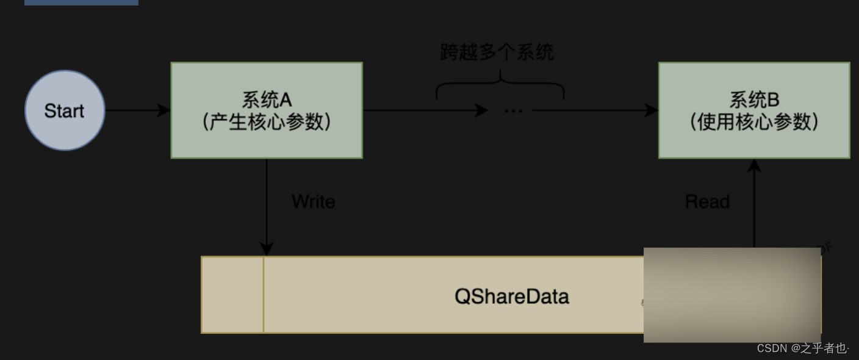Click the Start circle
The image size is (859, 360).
coord(65,110)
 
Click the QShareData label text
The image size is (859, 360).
coord(511,297)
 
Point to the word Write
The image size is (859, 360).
coord(314,201)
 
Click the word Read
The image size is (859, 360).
coord(707,201)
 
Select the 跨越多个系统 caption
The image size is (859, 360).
coord(497,52)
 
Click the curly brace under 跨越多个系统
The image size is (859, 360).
coord(500,85)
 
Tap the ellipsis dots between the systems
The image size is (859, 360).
coord(513,111)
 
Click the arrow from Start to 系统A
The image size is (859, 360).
coord(137,110)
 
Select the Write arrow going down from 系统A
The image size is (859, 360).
coord(267,207)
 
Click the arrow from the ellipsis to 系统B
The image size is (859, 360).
coord(595,110)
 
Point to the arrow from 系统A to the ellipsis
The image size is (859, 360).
coord(424,110)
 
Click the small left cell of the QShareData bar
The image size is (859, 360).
coord(232,295)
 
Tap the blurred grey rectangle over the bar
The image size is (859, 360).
coord(732,295)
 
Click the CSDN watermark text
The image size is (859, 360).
coord(803,348)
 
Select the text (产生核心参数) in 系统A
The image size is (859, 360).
coord(267,122)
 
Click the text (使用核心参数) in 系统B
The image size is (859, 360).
coord(754,122)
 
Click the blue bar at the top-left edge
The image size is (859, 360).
coord(81,2)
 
